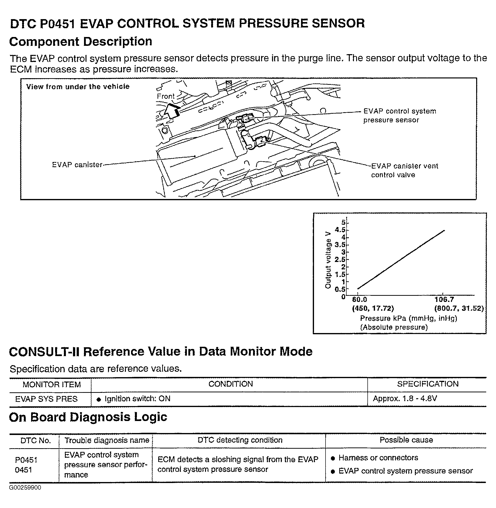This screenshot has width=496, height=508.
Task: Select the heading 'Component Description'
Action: (x=81, y=42)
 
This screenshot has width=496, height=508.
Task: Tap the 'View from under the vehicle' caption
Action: (x=78, y=87)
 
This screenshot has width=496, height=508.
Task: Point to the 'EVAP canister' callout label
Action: (x=77, y=165)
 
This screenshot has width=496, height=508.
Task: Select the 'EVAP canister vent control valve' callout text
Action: (x=404, y=170)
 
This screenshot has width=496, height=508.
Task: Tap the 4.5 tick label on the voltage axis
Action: (x=340, y=230)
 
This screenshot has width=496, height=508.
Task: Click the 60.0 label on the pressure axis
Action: (x=359, y=300)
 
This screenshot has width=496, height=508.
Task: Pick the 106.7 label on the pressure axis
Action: (x=444, y=300)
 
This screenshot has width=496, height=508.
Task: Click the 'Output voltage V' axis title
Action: (x=328, y=260)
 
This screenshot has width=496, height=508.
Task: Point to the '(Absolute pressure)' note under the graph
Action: (x=394, y=327)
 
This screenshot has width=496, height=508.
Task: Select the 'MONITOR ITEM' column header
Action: (x=52, y=384)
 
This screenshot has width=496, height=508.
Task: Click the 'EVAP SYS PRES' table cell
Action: (x=46, y=399)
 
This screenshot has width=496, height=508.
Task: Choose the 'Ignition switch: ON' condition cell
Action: (x=137, y=399)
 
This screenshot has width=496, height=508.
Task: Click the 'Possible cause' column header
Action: (x=406, y=440)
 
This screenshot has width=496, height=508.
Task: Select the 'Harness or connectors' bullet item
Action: (x=378, y=458)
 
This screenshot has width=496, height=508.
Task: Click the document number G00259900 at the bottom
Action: (x=25, y=488)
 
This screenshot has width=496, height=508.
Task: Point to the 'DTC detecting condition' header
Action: (x=240, y=440)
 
